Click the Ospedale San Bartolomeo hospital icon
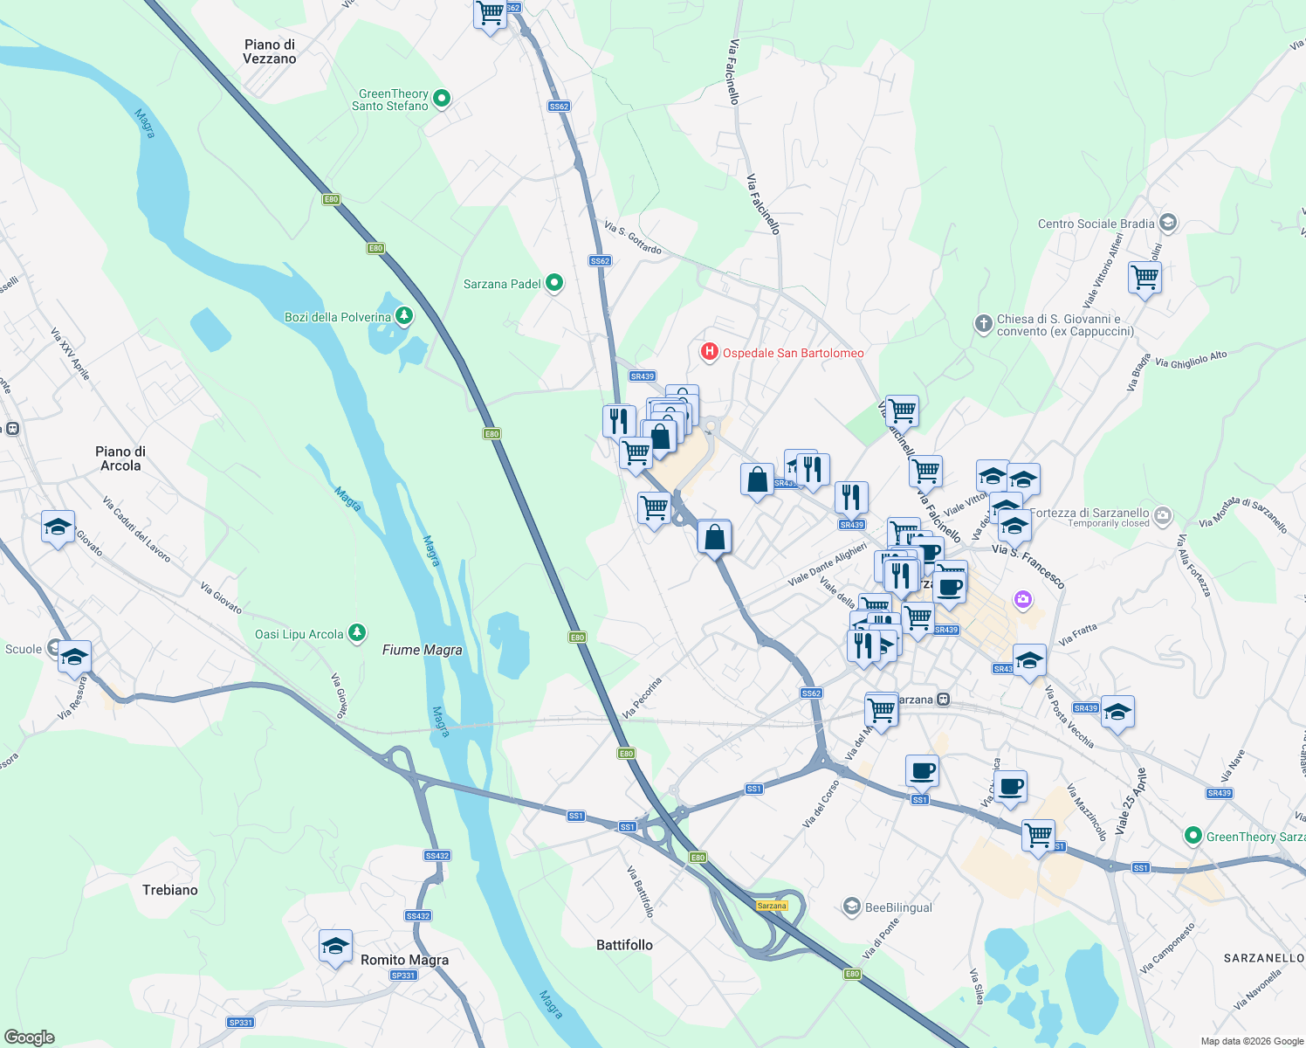pyautogui.click(x=710, y=352)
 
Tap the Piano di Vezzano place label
pyautogui.click(x=269, y=52)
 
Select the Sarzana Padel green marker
pyautogui.click(x=553, y=284)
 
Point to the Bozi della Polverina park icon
pyautogui.click(x=403, y=316)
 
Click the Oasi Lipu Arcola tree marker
pyautogui.click(x=356, y=633)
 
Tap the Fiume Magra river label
pyautogui.click(x=422, y=650)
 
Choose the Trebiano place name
pyautogui.click(x=170, y=890)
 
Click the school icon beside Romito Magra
pyautogui.click(x=335, y=946)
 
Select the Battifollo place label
pyautogui.click(x=624, y=945)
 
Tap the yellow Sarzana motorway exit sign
pyautogui.click(x=772, y=906)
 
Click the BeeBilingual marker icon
pyautogui.click(x=851, y=907)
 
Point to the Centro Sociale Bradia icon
pyautogui.click(x=1168, y=224)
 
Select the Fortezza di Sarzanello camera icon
pyautogui.click(x=1162, y=515)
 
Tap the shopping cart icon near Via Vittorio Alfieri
pyautogui.click(x=1144, y=279)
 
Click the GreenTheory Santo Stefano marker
pyautogui.click(x=442, y=99)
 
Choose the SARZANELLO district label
pyautogui.click(x=1263, y=958)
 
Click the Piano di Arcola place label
pyautogui.click(x=120, y=458)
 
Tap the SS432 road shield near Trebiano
pyautogui.click(x=436, y=856)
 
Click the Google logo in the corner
pyautogui.click(x=30, y=1038)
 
